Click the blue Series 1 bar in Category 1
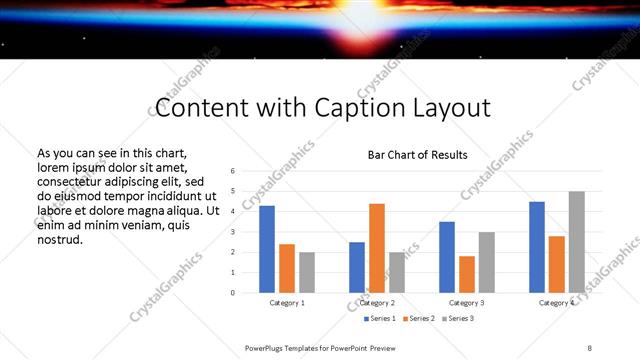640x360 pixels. point(267,249)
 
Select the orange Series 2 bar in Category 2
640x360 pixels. point(377,248)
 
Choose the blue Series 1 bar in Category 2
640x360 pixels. point(357,267)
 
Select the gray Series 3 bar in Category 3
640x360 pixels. point(487,262)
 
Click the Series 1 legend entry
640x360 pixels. point(378,318)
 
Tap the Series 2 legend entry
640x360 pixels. point(419,318)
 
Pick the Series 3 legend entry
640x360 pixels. point(460,318)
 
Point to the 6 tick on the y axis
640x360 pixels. point(232,171)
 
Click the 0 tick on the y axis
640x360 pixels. point(232,293)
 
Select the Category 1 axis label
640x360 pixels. point(287,302)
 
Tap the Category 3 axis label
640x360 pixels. point(467,302)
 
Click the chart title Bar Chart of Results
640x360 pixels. point(417,155)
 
